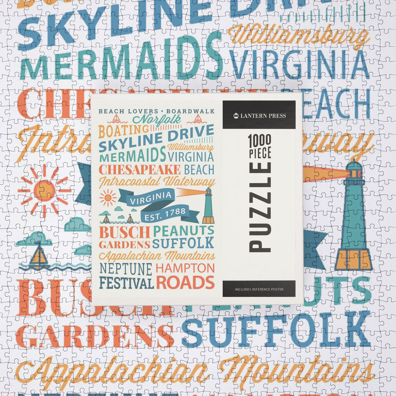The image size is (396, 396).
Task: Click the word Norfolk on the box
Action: coord(157,120)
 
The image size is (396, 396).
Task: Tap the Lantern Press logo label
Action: coord(259,115)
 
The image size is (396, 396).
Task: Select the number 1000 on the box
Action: coord(260,140)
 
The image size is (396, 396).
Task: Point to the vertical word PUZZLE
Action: coord(260,207)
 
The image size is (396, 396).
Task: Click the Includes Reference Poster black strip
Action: coord(259,289)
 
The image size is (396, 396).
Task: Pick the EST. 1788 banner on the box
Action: coord(165,214)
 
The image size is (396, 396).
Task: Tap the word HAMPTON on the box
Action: coord(185,268)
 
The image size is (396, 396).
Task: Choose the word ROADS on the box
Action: coord(185,282)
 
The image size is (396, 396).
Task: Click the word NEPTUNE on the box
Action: coord(125,269)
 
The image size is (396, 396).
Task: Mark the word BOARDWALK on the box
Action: coord(190,111)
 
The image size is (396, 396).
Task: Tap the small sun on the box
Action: coord(108,198)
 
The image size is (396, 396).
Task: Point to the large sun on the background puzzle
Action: coord(44,190)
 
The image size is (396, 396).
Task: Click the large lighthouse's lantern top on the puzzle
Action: coord(354,170)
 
